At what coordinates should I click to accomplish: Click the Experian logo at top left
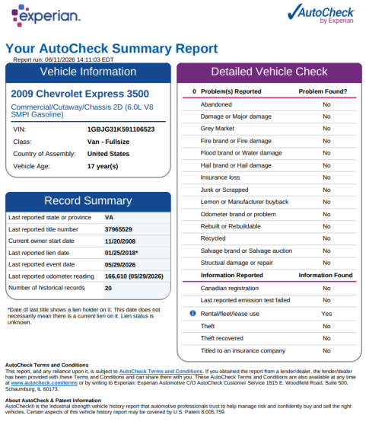pyautogui.click(x=46, y=15)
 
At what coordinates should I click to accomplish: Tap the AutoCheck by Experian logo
pyautogui.click(x=321, y=14)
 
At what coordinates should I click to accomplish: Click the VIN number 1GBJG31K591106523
pyautogui.click(x=121, y=129)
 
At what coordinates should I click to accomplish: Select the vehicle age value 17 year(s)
pyautogui.click(x=103, y=166)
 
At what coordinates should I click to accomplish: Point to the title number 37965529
pyautogui.click(x=119, y=229)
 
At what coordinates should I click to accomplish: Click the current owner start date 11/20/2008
pyautogui.click(x=120, y=241)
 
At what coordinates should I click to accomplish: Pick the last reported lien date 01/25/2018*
pyautogui.click(x=122, y=253)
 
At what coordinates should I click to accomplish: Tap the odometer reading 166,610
pyautogui.click(x=116, y=276)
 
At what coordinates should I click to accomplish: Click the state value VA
pyautogui.click(x=109, y=218)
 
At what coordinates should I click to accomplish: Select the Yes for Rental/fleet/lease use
pyautogui.click(x=326, y=314)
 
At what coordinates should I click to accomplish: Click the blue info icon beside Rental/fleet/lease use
pyautogui.click(x=192, y=313)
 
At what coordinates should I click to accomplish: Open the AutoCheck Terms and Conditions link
pyautogui.click(x=161, y=371)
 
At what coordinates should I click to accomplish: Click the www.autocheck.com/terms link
pyautogui.click(x=44, y=383)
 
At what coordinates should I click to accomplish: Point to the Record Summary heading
pyautogui.click(x=88, y=201)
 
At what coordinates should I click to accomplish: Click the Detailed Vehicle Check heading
pyautogui.click(x=269, y=72)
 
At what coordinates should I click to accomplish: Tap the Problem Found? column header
pyautogui.click(x=323, y=91)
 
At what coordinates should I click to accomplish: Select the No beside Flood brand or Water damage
pyautogui.click(x=326, y=153)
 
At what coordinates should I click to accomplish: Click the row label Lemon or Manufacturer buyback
pyautogui.click(x=244, y=202)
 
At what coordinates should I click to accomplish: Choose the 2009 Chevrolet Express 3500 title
pyautogui.click(x=80, y=94)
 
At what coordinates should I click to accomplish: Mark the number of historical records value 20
pyautogui.click(x=108, y=288)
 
